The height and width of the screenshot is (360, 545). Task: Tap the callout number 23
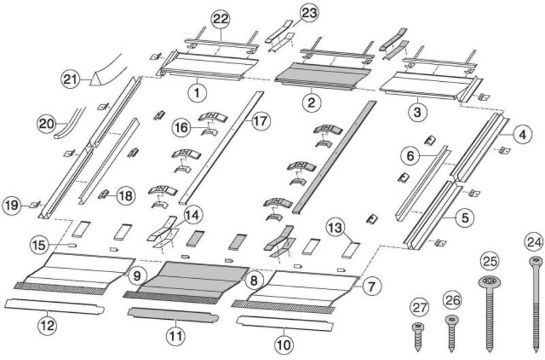[x=309, y=13]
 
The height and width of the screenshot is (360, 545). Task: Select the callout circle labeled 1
[x=197, y=93]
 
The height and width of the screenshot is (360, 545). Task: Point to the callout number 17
[x=260, y=121]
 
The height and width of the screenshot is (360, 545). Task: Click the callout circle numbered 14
[x=192, y=215]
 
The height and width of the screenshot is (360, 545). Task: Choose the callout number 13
[x=335, y=228]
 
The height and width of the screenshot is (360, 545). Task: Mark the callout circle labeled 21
[x=70, y=79]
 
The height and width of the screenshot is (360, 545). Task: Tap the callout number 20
[x=47, y=124]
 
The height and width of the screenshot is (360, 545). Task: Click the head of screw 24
[x=535, y=260]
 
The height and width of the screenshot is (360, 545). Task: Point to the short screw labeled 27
[x=418, y=336]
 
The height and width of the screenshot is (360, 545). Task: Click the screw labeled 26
[x=452, y=333]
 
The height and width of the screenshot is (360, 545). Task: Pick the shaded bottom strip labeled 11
[x=173, y=315]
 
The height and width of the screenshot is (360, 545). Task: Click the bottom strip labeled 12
[x=54, y=306]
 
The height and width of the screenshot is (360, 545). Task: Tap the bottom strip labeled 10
[x=285, y=323]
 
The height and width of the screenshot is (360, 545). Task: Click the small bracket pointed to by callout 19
[x=35, y=205]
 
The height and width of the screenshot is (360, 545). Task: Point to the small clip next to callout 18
[x=104, y=194]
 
